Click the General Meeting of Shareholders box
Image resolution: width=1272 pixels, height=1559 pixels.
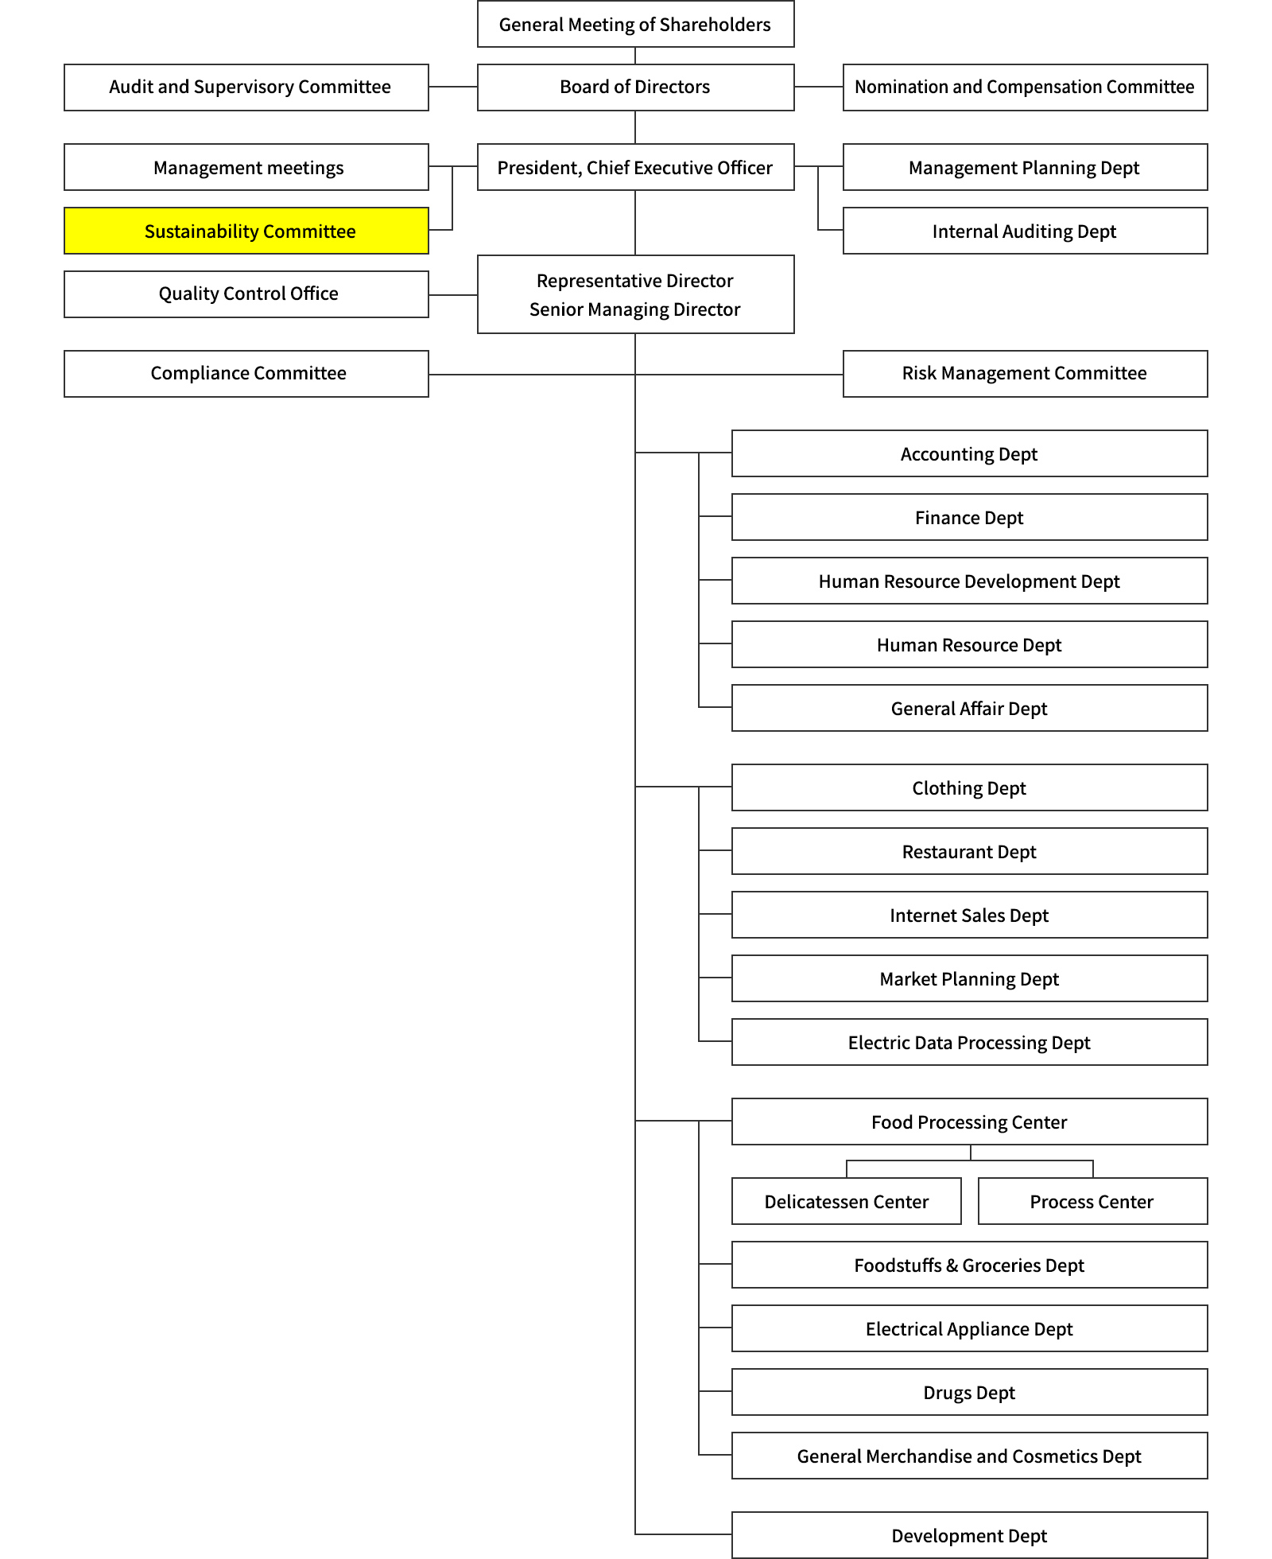click(635, 24)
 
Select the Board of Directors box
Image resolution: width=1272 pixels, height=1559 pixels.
click(635, 87)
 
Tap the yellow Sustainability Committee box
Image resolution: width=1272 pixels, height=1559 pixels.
click(246, 231)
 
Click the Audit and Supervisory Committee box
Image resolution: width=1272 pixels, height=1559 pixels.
click(246, 87)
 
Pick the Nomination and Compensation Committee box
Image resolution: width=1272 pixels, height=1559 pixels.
click(1025, 87)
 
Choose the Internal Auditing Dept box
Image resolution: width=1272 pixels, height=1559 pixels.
click(1025, 231)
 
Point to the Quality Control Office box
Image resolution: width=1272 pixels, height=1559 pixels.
click(246, 294)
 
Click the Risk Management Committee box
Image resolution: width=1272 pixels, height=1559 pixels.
click(1025, 374)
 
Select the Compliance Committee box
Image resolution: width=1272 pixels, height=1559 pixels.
click(246, 374)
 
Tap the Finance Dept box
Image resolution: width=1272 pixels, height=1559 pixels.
click(969, 517)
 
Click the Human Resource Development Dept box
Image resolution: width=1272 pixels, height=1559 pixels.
click(969, 581)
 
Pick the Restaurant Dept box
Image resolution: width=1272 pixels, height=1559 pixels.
click(969, 851)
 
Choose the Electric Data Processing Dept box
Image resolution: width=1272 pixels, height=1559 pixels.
click(969, 1042)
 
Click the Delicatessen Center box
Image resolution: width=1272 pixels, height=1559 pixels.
click(847, 1201)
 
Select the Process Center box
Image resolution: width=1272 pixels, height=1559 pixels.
click(1092, 1201)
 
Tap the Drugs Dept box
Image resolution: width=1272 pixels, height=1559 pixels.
click(969, 1392)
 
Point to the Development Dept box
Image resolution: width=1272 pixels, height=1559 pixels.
click(969, 1535)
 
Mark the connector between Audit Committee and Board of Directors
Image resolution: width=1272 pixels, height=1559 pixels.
click(453, 87)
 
